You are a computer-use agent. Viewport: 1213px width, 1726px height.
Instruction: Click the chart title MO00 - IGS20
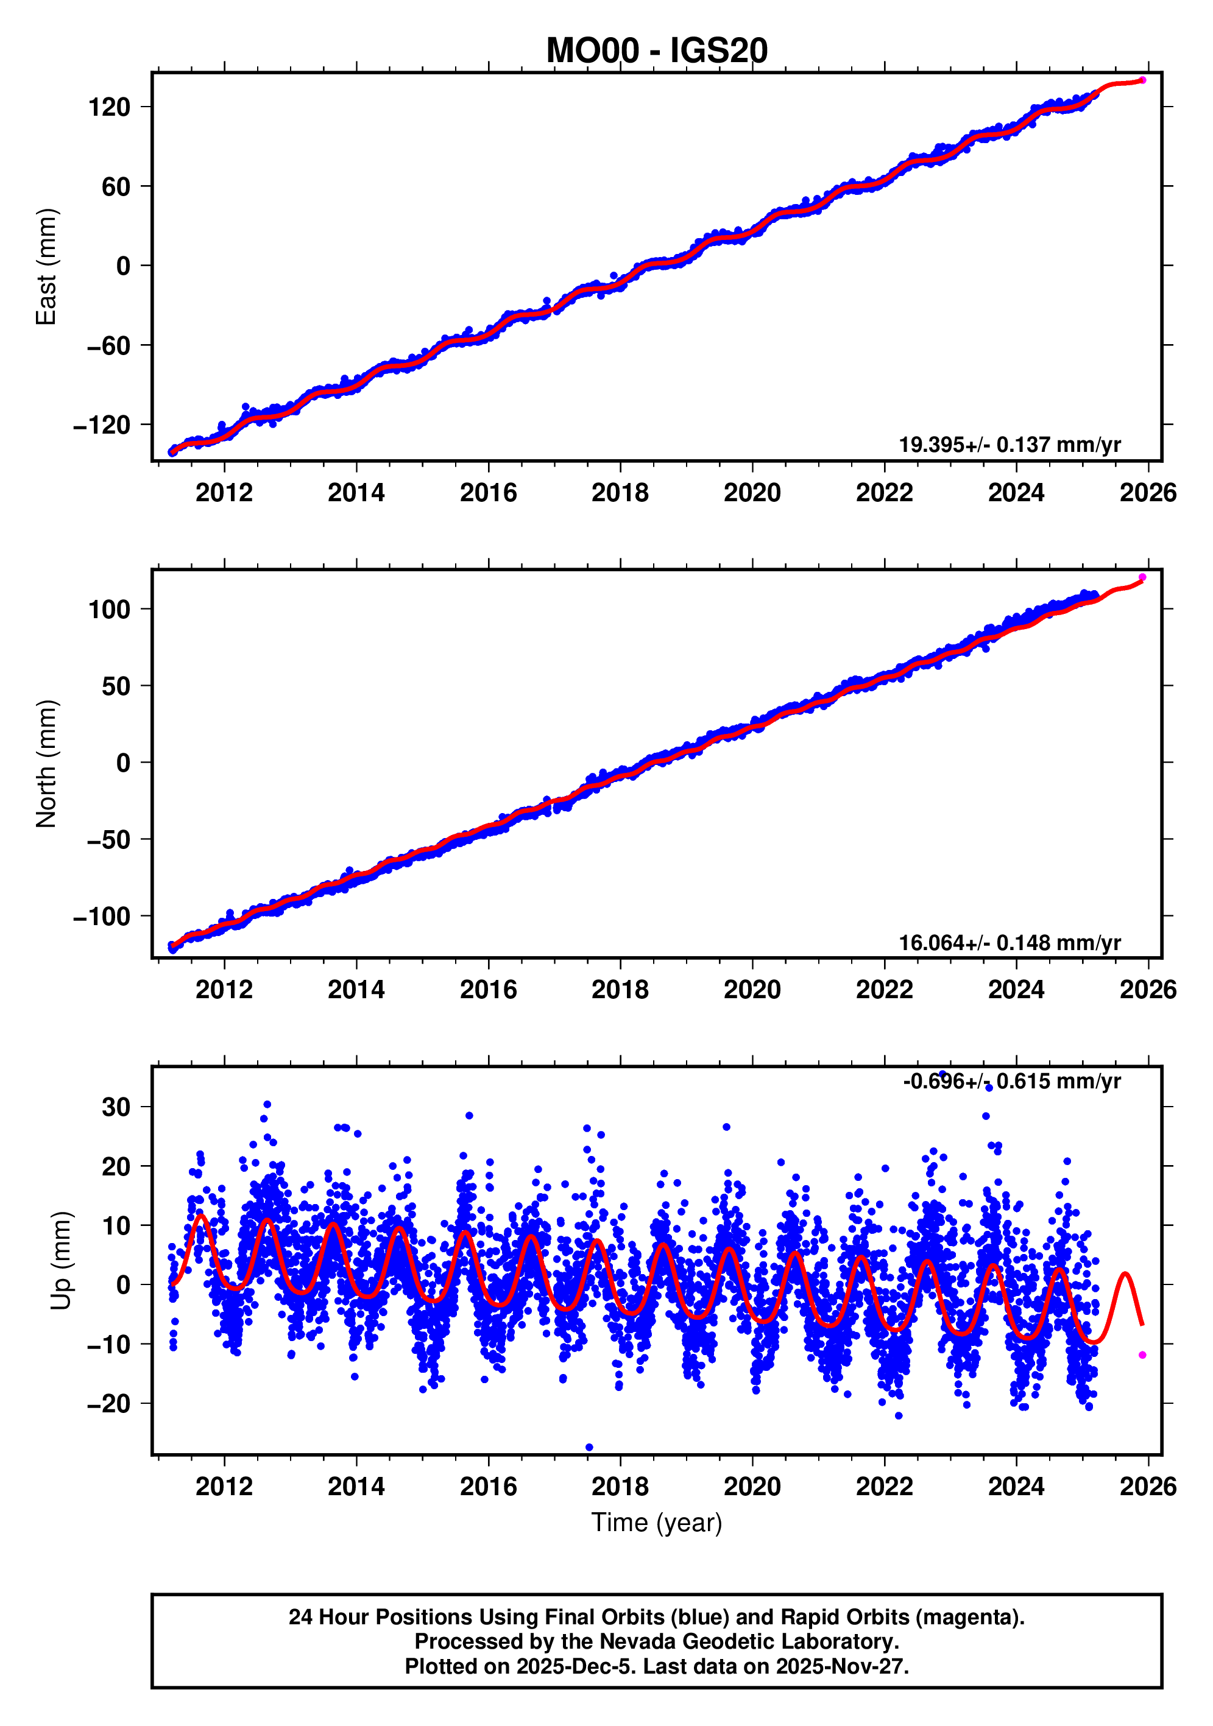tap(657, 51)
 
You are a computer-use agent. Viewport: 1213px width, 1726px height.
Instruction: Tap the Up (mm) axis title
tap(62, 1261)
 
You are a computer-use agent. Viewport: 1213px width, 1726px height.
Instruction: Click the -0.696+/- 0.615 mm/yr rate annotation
tap(1011, 1081)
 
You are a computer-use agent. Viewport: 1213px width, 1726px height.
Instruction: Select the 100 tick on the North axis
tap(109, 609)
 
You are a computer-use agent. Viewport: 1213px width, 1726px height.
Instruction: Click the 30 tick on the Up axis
tap(116, 1107)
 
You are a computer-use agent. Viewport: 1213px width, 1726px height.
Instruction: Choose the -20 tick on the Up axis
tap(109, 1403)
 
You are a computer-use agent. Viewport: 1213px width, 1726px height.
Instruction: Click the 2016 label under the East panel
tap(488, 493)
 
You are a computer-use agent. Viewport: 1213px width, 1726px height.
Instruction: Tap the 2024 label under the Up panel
tap(1016, 1486)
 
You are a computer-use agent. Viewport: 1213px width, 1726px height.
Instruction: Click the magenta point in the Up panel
tap(1142, 1354)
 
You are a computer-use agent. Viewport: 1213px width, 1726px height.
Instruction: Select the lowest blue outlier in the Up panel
tap(589, 1447)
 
